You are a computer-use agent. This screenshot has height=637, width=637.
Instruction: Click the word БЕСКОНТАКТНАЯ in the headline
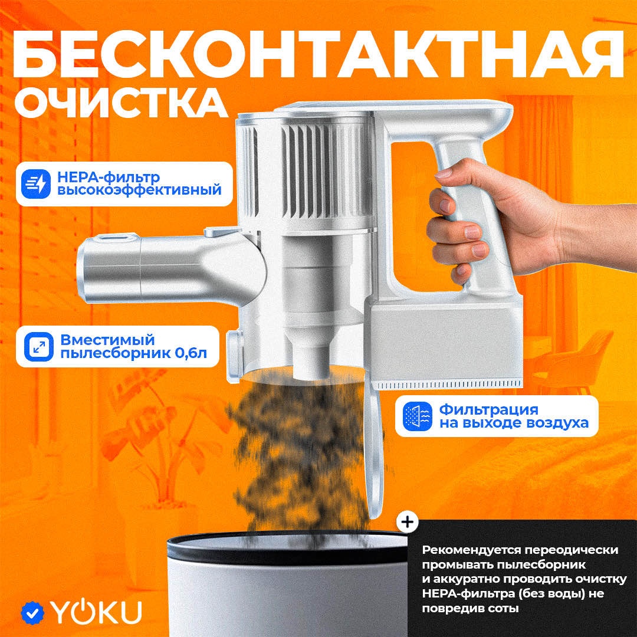tap(318, 55)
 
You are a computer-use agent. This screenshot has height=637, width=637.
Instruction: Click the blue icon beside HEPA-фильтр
tap(36, 184)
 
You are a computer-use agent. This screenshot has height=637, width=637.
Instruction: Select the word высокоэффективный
tap(139, 190)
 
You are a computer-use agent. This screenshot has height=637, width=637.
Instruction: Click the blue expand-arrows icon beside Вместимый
tap(38, 347)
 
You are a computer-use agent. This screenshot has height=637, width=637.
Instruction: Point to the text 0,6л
tap(191, 353)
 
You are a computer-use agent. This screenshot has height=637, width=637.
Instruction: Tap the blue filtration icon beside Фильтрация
tap(418, 416)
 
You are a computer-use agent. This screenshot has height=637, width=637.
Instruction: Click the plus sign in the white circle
tap(407, 521)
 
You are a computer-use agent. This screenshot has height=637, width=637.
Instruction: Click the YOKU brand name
tap(96, 612)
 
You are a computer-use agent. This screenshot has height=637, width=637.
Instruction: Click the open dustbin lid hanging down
tap(373, 451)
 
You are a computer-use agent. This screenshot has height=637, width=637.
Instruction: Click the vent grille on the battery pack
tap(448, 385)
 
